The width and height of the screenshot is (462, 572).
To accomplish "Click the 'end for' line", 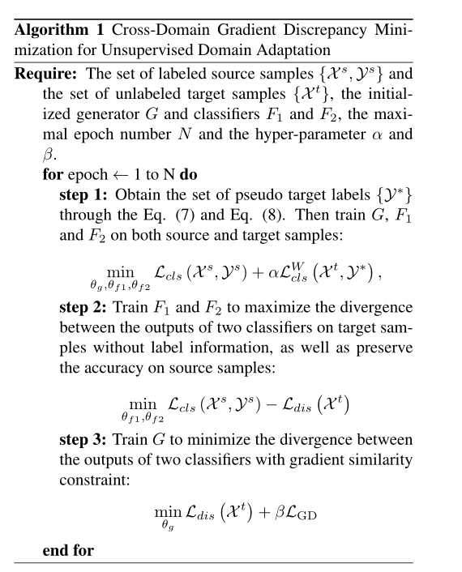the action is point(68,551).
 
